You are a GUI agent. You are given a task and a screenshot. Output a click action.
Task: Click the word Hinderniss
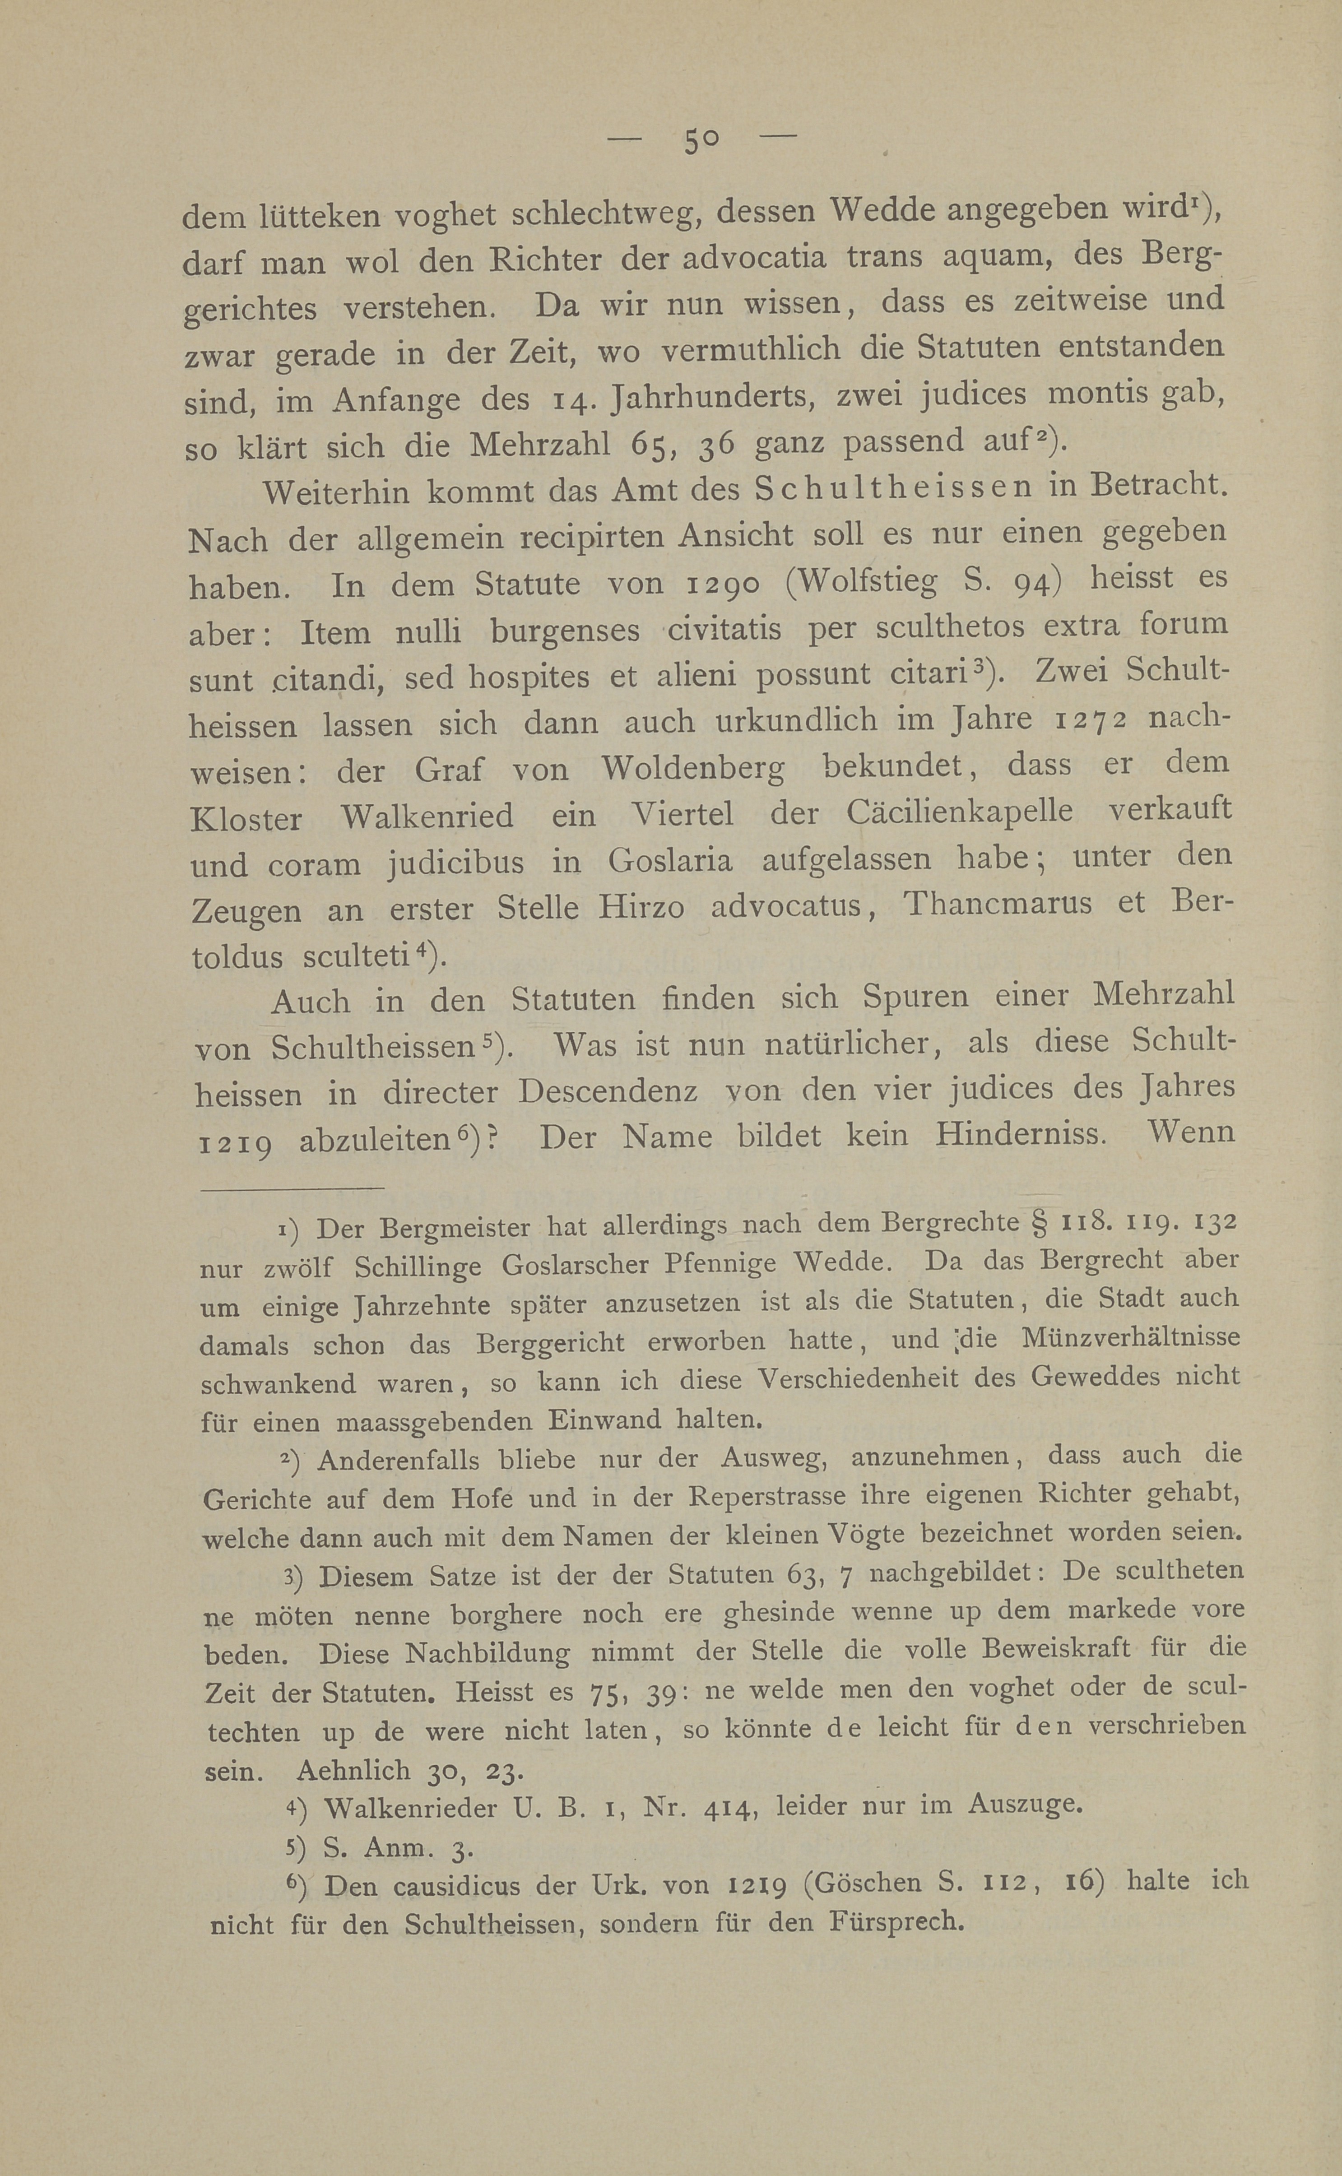1021,1134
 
